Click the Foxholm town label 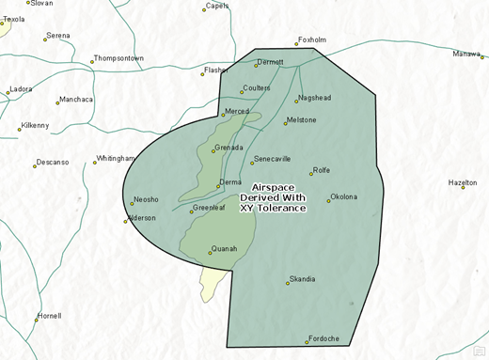[x=311, y=39]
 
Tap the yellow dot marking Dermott [x=256, y=65]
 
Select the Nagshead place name [x=314, y=98]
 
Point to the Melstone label [x=301, y=120]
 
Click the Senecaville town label [x=273, y=159]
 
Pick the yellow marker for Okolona [x=329, y=199]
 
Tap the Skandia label [x=303, y=279]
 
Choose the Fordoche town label [x=325, y=338]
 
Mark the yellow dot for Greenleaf [x=191, y=211]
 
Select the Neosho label [x=147, y=199]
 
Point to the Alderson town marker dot [x=126, y=222]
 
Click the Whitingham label [x=117, y=159]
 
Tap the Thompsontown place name [x=119, y=58]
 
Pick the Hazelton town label [x=463, y=182]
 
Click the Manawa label [x=465, y=54]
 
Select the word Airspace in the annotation [x=273, y=187]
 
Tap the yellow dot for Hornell [x=38, y=320]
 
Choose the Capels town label [x=217, y=6]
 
